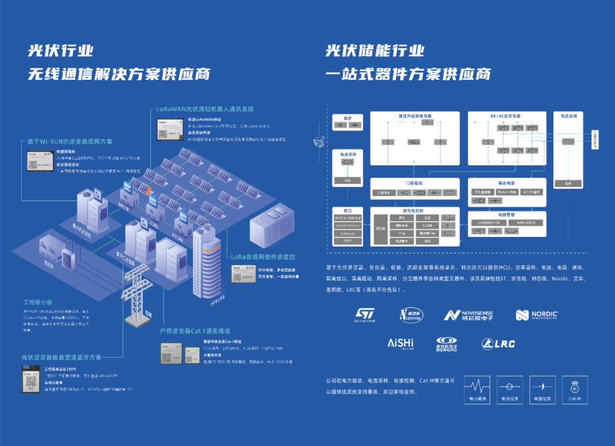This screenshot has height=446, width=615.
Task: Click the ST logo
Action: point(365,314)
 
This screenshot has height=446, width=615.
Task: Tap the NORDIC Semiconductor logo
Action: point(537,315)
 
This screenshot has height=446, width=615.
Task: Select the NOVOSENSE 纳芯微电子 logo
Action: point(468,315)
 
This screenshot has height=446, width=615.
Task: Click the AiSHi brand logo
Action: point(400,343)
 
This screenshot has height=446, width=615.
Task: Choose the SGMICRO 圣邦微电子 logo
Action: point(447,343)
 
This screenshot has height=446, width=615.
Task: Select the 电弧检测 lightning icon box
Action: point(542,390)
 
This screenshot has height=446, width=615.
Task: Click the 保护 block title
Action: point(348,117)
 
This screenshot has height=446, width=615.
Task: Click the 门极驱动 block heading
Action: point(414,183)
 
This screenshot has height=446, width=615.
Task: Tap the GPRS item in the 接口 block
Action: point(347,241)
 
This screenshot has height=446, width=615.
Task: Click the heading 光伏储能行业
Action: point(375,50)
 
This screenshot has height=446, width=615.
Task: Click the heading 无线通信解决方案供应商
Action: point(120,74)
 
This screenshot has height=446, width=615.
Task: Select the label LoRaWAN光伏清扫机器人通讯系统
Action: point(205,108)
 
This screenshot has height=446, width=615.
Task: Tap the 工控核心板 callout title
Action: point(38,301)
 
